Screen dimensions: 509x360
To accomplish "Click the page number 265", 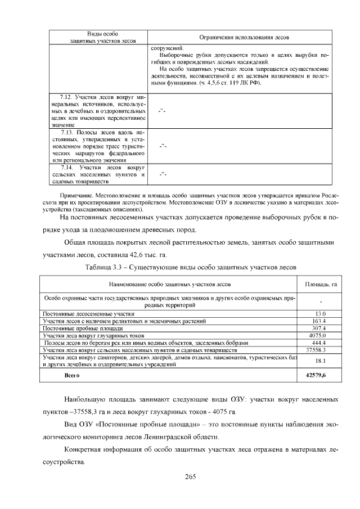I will point(190,477).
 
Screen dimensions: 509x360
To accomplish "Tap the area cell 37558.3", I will point(319,349).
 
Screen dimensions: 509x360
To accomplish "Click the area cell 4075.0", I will point(319,335).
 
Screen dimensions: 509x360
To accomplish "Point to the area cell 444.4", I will point(319,343).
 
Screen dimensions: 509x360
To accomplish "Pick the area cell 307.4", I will point(319,328).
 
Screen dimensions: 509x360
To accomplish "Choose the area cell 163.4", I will point(319,321).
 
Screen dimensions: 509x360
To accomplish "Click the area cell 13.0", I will point(319,313).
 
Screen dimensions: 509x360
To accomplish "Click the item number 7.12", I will point(67,98).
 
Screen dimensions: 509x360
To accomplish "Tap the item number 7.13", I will point(69,132).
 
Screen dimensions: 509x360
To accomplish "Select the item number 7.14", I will point(67,167).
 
